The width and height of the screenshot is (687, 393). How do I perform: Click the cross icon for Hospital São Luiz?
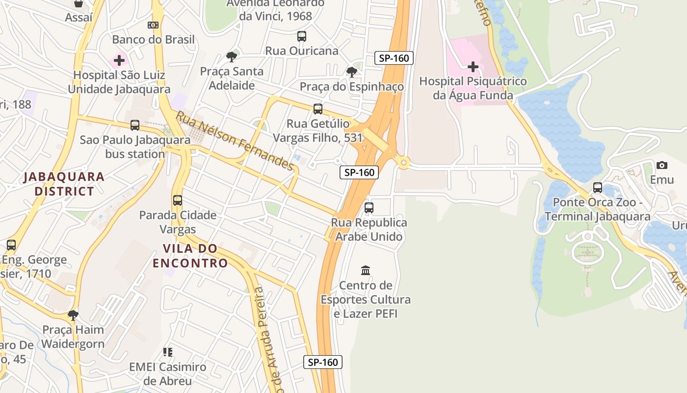(119, 61)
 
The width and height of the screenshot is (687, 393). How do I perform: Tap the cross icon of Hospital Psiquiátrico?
(473, 66)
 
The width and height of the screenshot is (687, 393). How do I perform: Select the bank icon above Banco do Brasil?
(153, 25)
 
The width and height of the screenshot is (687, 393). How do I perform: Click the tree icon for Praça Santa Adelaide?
(231, 57)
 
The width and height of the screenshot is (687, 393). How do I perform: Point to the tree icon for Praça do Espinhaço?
(351, 72)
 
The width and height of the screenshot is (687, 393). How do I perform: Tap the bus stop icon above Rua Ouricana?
(301, 36)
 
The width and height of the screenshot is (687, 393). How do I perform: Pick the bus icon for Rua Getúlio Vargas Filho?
(318, 109)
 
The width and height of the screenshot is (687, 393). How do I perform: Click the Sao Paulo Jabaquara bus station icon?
(135, 125)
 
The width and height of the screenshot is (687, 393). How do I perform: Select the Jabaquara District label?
(64, 184)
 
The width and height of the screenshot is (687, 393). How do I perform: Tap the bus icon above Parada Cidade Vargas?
(178, 200)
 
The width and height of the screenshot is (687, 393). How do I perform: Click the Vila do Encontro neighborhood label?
(190, 256)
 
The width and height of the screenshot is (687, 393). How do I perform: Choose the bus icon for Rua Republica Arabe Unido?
(369, 208)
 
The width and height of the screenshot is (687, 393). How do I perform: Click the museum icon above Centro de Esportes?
(366, 270)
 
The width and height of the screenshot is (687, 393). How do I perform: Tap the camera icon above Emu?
(661, 165)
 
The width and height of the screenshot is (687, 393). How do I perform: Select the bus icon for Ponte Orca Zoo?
(597, 187)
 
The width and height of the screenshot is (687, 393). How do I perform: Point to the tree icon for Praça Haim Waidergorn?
(73, 315)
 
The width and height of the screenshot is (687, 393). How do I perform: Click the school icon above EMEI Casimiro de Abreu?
(168, 352)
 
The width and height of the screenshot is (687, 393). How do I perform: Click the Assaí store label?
(79, 18)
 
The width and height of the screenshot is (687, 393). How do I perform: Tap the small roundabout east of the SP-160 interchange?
(403, 163)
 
